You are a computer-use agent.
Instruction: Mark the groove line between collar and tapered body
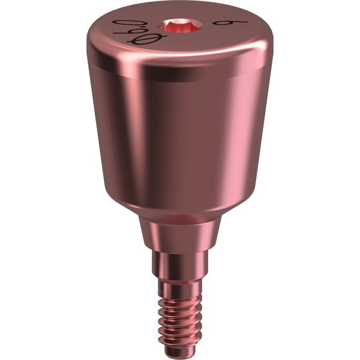pos(180,81)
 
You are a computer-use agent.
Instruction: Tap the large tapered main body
pos(180,138)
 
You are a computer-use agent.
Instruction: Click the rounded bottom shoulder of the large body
pos(180,207)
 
